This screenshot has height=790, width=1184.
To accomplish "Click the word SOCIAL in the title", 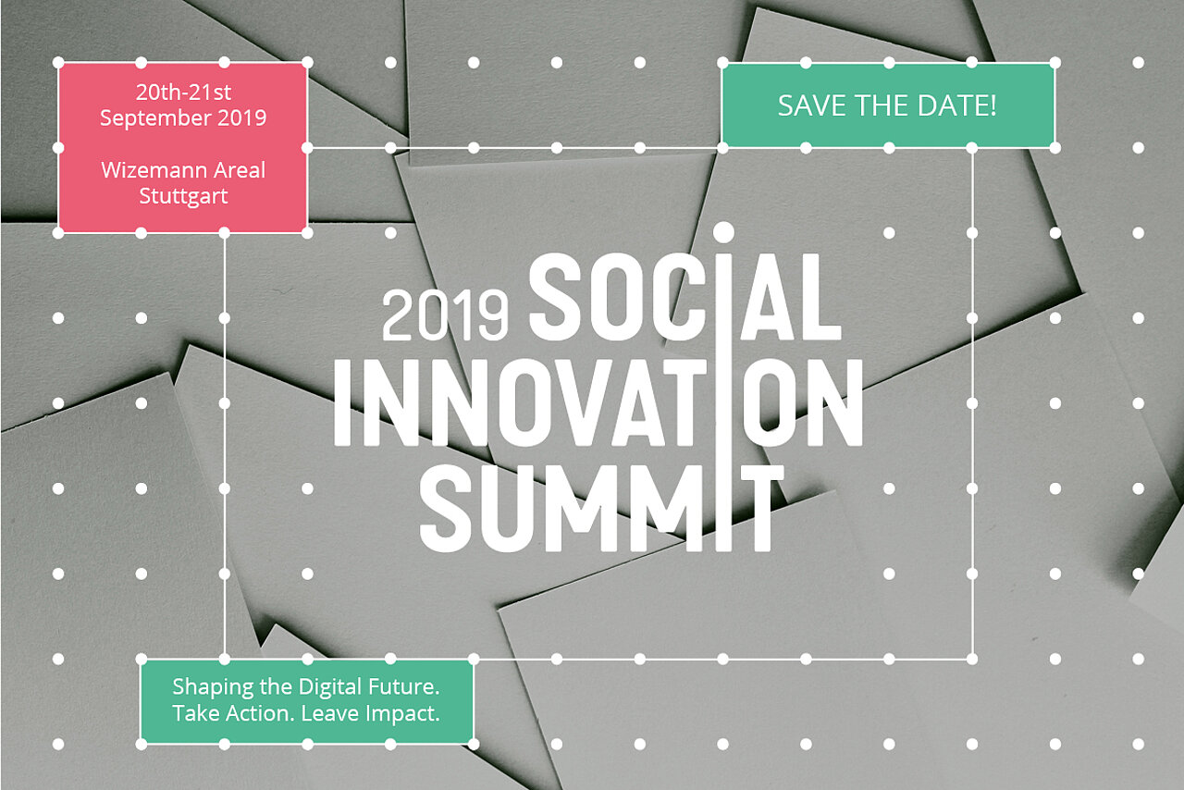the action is coord(685,297).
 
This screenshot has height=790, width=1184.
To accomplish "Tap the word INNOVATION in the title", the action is coord(598,402).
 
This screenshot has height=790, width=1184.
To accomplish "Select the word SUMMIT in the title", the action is coord(601,509).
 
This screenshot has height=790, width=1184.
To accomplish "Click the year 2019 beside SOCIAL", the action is coord(445,315).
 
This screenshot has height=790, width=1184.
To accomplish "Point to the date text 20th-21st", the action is coord(183,93).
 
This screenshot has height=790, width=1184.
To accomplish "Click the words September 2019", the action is coord(183,117).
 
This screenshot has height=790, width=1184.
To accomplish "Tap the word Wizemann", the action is coord(150,170).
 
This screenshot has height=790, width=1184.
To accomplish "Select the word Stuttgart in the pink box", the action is coord(183,196).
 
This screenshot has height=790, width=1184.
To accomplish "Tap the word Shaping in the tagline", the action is coord(213,687).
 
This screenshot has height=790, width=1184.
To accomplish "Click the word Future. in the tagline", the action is coord(404,686).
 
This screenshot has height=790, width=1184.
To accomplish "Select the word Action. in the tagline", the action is coord(261,714).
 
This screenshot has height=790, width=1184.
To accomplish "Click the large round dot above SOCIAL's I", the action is coord(723,232).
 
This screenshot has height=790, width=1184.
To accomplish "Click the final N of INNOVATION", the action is coord(836,402).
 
